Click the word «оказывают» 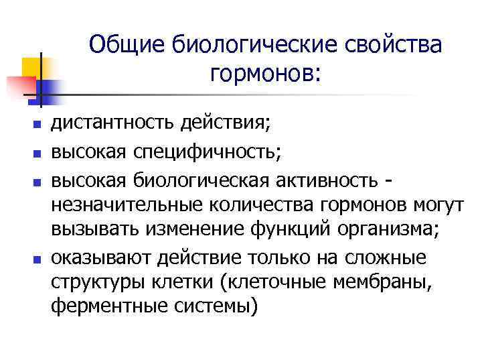(101, 257)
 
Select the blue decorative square (49, 90)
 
